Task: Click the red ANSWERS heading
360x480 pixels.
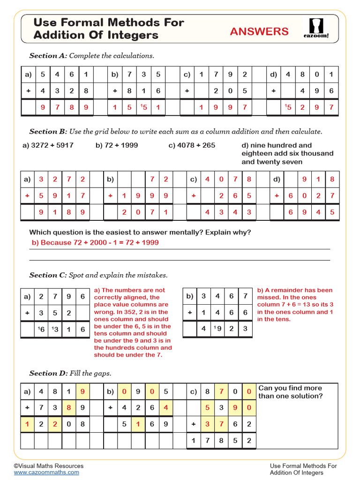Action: (x=259, y=31)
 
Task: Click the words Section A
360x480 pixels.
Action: (x=48, y=56)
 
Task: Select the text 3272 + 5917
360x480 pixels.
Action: (x=52, y=145)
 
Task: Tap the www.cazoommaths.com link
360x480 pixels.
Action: (x=46, y=472)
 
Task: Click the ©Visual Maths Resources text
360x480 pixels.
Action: (x=49, y=466)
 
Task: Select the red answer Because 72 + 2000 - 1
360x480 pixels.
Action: (x=95, y=242)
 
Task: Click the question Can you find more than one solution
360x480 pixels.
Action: (x=291, y=392)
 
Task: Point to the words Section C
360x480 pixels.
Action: (x=48, y=275)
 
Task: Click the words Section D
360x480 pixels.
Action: (x=48, y=374)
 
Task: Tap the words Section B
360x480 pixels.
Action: (x=48, y=132)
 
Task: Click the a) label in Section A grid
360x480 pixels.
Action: (x=28, y=74)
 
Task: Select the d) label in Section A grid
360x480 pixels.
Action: (x=274, y=74)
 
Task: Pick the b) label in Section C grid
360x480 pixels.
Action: (x=190, y=296)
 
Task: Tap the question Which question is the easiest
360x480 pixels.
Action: (x=140, y=232)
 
